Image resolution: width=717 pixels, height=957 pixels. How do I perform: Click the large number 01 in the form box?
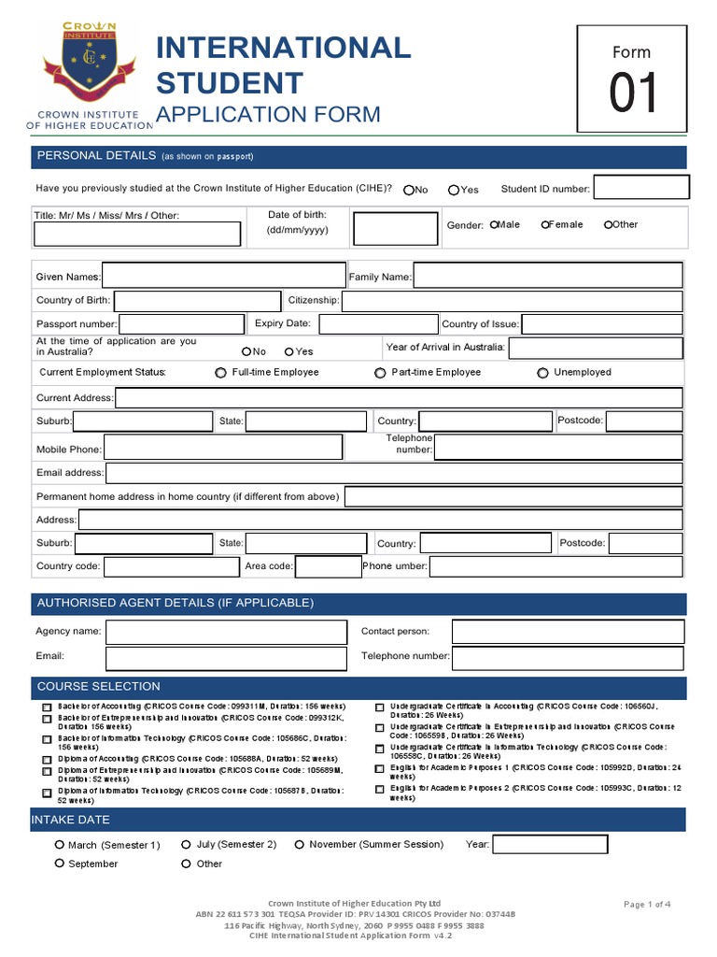pyautogui.click(x=634, y=94)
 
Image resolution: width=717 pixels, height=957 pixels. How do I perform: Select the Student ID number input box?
pyautogui.click(x=641, y=188)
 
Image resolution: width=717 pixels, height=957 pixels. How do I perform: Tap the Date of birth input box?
pyautogui.click(x=395, y=229)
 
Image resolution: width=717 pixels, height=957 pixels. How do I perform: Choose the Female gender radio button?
pyautogui.click(x=545, y=224)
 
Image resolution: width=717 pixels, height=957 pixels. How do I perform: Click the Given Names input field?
pyautogui.click(x=224, y=276)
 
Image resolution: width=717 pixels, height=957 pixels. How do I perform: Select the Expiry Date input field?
pyautogui.click(x=377, y=324)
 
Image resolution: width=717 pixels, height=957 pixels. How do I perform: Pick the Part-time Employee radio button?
pyautogui.click(x=380, y=373)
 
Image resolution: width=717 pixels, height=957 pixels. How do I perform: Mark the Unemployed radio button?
pyautogui.click(x=542, y=373)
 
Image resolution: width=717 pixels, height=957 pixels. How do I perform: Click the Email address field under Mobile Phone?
pyautogui.click(x=394, y=473)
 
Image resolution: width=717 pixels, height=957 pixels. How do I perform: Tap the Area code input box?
pyautogui.click(x=328, y=566)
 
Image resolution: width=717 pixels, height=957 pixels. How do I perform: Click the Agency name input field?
pyautogui.click(x=225, y=632)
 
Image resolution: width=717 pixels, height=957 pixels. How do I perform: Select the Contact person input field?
pyautogui.click(x=568, y=632)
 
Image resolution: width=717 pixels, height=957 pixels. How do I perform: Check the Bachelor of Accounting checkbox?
pyautogui.click(x=48, y=707)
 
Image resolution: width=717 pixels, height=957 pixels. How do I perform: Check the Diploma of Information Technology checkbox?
pyautogui.click(x=48, y=792)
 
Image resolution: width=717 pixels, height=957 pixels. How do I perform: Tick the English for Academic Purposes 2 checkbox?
pyautogui.click(x=379, y=790)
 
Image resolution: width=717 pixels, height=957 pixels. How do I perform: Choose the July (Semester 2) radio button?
pyautogui.click(x=186, y=844)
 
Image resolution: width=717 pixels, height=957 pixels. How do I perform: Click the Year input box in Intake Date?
pyautogui.click(x=550, y=845)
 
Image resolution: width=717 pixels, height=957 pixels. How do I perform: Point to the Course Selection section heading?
pyautogui.click(x=98, y=687)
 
